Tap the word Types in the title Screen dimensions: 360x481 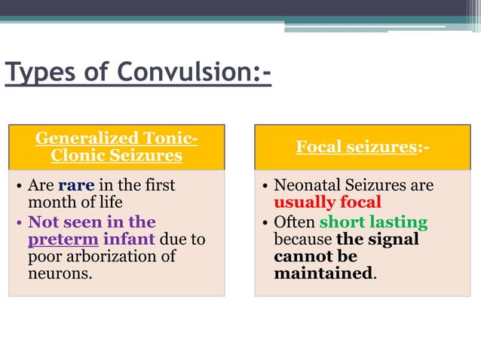38,73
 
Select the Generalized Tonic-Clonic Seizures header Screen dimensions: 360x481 117,147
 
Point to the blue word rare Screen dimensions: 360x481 76,185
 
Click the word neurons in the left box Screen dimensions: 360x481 58,274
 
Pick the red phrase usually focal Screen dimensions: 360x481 327,203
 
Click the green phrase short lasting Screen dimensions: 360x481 373,221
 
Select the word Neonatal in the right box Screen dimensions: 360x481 303,185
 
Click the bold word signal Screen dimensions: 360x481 392,239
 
